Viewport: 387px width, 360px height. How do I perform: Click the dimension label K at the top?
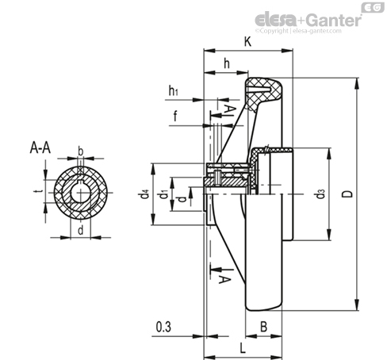pyautogui.click(x=247, y=41)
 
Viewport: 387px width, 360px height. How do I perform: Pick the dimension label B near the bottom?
pyautogui.click(x=263, y=327)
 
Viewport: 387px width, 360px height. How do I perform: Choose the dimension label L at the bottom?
pyautogui.click(x=243, y=348)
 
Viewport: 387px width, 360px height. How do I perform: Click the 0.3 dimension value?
pyautogui.click(x=163, y=327)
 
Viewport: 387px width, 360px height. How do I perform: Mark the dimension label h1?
pyautogui.click(x=173, y=90)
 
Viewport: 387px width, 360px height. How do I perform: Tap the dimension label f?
pyautogui.click(x=175, y=116)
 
